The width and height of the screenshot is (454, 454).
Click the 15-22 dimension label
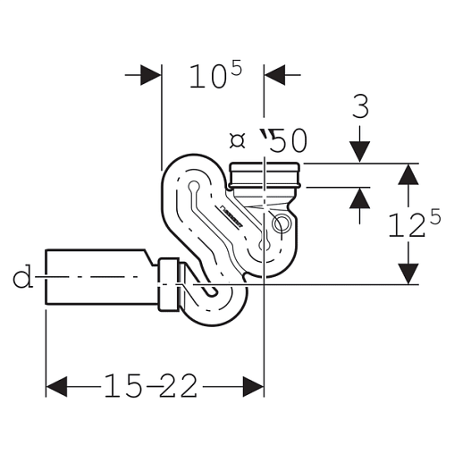click(151, 386)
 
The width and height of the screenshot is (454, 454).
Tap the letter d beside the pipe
click(22, 276)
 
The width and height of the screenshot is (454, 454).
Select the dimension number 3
click(360, 106)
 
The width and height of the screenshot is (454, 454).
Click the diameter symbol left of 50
click(238, 140)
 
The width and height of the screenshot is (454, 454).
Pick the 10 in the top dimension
click(208, 77)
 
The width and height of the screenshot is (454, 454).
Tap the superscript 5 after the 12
click(434, 217)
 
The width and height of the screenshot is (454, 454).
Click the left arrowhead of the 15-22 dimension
click(56, 386)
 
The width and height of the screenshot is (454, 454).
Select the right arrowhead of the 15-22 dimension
click(253, 386)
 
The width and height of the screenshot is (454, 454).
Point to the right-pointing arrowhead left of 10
click(151, 75)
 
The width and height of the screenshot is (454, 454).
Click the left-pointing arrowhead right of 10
click(274, 75)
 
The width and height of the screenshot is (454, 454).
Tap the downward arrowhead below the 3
click(360, 152)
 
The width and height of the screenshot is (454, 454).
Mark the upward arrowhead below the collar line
click(360, 198)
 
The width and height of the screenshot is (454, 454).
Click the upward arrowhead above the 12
click(408, 174)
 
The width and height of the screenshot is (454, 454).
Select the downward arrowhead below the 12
click(408, 273)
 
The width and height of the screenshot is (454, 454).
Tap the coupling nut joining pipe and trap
click(169, 285)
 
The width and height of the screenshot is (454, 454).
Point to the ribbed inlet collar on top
click(265, 176)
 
